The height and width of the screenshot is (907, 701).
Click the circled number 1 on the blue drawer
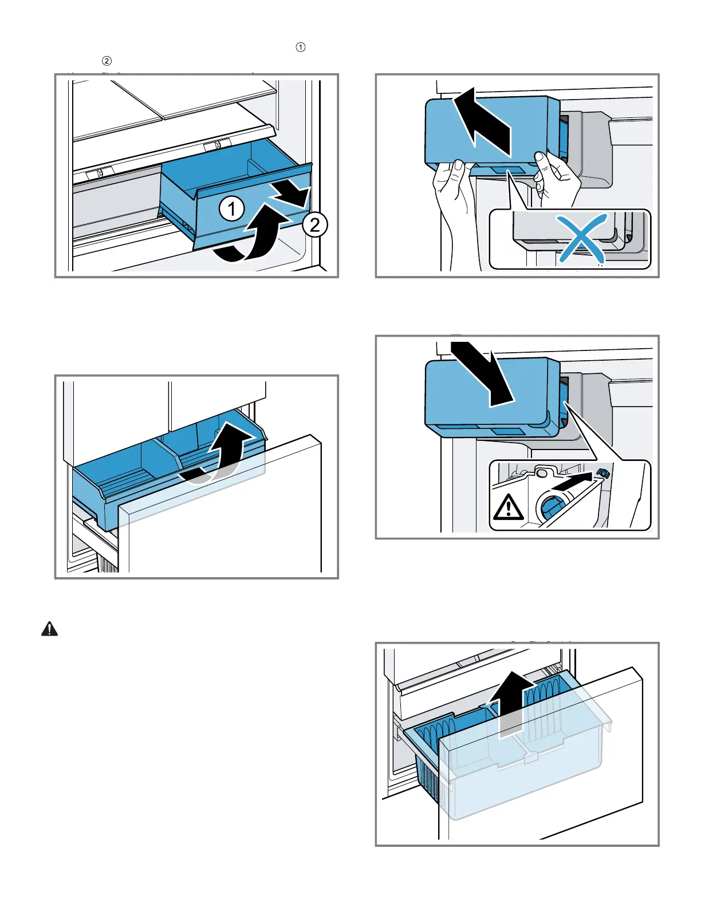pos(232,208)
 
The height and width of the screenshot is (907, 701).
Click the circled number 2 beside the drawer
pos(314,226)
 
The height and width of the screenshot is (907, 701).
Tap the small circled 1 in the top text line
pos(301,47)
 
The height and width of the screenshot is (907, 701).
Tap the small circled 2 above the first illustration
pos(107,61)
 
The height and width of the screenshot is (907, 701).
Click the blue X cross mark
pos(582,238)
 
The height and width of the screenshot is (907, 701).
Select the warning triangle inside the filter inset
pos(508,507)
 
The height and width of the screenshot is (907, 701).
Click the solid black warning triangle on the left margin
pos(49,629)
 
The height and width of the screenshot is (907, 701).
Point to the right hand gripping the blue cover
pos(557,179)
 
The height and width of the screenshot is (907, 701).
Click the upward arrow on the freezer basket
pos(511,705)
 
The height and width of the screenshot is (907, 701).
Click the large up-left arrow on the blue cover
pos(485,121)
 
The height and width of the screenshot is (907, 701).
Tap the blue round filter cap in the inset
pos(551,508)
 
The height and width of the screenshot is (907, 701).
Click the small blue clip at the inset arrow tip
pos(602,473)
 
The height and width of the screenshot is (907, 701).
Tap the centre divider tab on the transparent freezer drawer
pos(529,756)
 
